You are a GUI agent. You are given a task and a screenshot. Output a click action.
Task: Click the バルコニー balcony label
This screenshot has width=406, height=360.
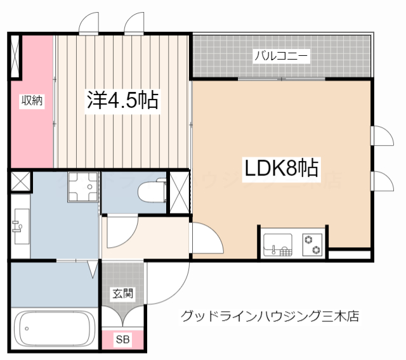(x=281, y=56)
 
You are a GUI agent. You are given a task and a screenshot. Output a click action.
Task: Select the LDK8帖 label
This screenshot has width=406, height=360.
(x=281, y=169)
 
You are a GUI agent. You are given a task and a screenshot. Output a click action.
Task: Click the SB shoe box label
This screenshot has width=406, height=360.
(x=122, y=339)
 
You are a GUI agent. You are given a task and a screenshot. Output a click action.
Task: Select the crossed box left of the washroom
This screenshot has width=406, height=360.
(x=20, y=182)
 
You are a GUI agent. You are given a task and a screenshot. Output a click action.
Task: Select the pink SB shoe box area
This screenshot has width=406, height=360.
(x=122, y=339)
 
